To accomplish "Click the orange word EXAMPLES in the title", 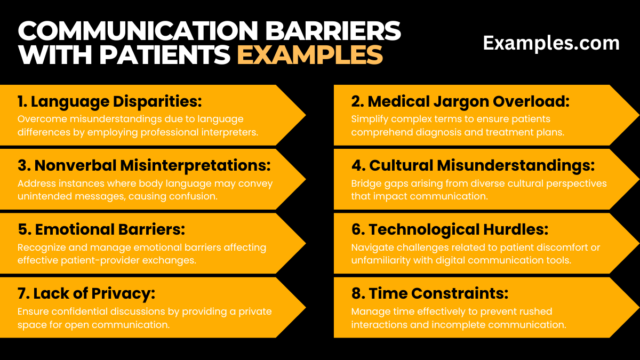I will [310, 55].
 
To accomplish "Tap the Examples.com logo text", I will [551, 43].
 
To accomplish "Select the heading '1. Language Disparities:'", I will [110, 101].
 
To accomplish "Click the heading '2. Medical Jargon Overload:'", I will [460, 101].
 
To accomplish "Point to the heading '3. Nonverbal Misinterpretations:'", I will [144, 165].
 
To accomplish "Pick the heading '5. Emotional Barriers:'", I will [101, 229].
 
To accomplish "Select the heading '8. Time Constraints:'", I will [430, 293].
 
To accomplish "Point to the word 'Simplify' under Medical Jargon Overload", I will [369, 119].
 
